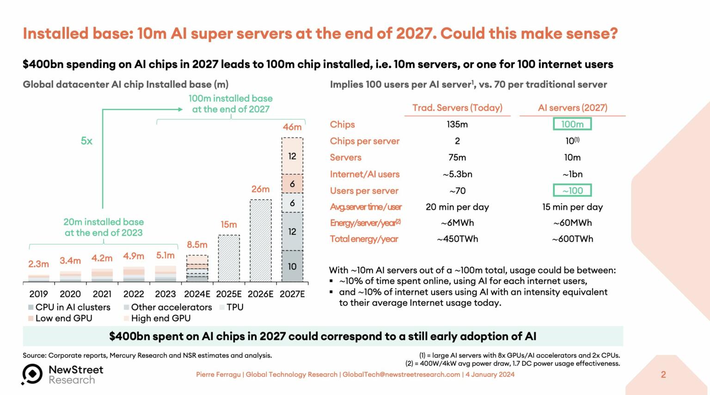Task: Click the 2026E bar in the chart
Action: click(x=261, y=240)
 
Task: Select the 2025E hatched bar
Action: click(x=229, y=258)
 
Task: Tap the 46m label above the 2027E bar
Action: click(x=292, y=127)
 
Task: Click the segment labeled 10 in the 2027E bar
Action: click(x=292, y=266)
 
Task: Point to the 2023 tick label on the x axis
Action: click(x=165, y=294)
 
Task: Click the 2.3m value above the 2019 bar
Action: click(x=38, y=264)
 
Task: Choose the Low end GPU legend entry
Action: click(x=60, y=318)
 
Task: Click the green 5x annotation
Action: click(x=86, y=141)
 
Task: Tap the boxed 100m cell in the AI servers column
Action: click(x=572, y=124)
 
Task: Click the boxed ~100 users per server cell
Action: click(x=572, y=190)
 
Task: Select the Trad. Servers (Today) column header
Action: click(x=457, y=108)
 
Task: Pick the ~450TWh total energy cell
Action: click(x=457, y=239)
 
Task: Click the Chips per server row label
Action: click(x=364, y=141)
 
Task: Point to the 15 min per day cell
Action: click(x=572, y=207)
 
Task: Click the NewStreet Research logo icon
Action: click(x=32, y=374)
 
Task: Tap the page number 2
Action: click(x=663, y=375)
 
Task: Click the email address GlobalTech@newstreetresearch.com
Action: click(x=401, y=375)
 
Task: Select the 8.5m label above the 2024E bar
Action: click(x=197, y=245)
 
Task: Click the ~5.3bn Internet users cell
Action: click(x=457, y=174)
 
